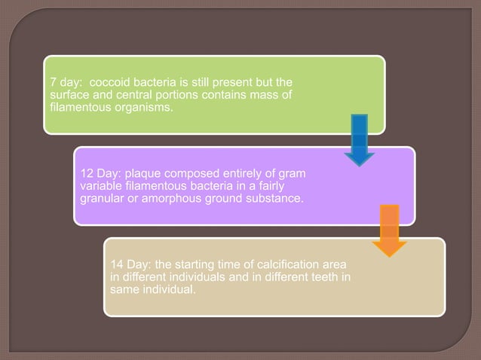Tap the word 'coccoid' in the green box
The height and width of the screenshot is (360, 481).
coord(110,81)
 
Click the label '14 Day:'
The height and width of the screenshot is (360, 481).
coord(130,264)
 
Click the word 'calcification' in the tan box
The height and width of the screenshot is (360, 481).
coord(287,264)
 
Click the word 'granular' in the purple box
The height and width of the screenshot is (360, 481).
coord(103,199)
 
